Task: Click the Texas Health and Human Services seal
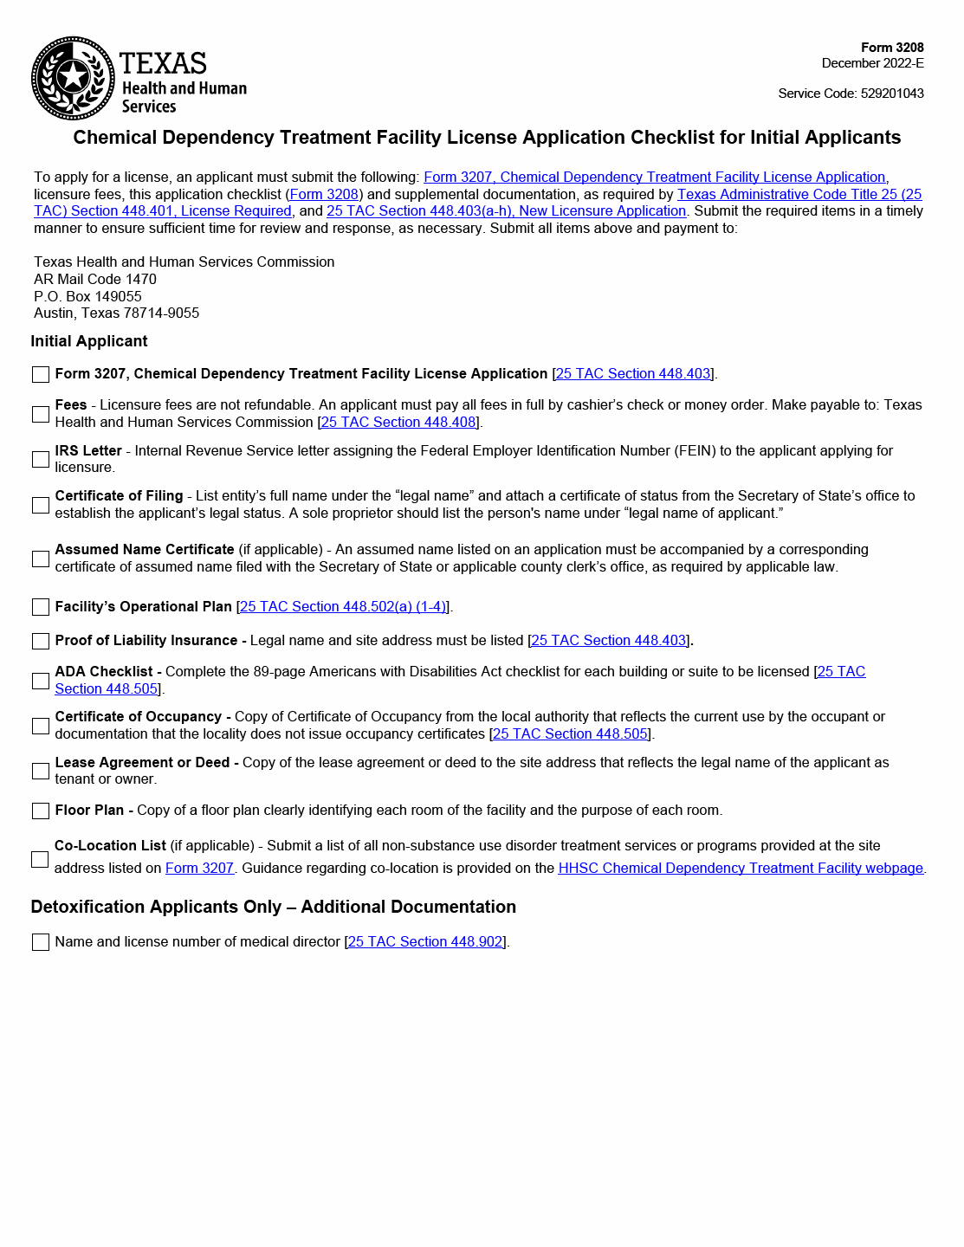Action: [x=73, y=78]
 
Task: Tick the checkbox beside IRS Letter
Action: [x=41, y=459]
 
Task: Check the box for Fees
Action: [x=41, y=414]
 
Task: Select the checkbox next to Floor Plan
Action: [x=41, y=811]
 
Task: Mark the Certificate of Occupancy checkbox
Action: [x=41, y=726]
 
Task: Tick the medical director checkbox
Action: [x=41, y=942]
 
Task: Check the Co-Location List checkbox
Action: [x=40, y=859]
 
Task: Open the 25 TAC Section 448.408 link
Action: [x=398, y=423]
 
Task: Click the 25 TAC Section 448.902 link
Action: [x=425, y=942]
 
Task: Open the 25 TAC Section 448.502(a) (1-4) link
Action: [x=343, y=607]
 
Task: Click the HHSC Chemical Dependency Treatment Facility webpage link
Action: [x=741, y=869]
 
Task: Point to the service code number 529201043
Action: [x=892, y=94]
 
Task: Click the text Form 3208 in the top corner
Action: [x=892, y=48]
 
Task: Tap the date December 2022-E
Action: [x=872, y=63]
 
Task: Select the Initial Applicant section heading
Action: [x=89, y=341]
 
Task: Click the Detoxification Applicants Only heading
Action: [x=273, y=907]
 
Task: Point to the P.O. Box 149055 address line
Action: [x=87, y=296]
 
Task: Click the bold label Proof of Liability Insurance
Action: [x=146, y=641]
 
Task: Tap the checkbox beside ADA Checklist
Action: [x=41, y=681]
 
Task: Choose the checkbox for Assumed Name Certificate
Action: [x=41, y=559]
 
